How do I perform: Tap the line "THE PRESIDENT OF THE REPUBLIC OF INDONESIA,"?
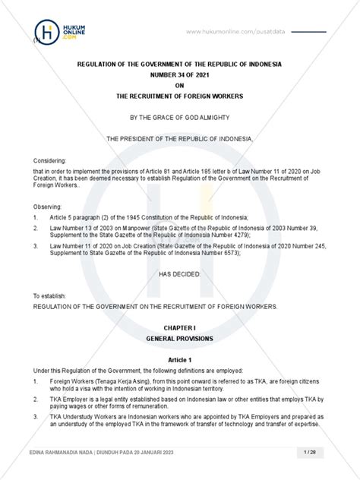tap(180, 140)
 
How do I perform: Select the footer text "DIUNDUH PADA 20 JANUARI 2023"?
tap(134, 453)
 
